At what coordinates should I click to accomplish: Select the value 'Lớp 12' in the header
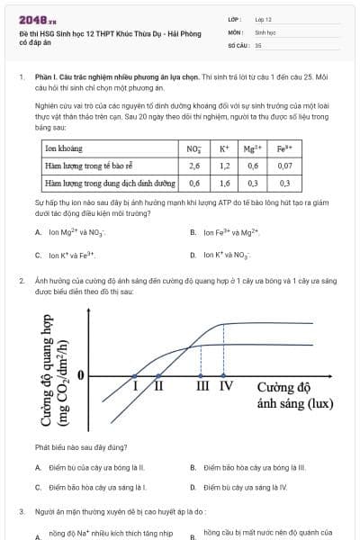click(264, 19)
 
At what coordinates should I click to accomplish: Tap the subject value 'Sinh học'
click(265, 31)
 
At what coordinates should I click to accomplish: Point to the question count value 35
click(258, 43)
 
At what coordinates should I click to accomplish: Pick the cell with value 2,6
click(194, 166)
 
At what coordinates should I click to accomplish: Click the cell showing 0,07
click(284, 166)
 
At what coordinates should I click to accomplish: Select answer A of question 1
click(76, 232)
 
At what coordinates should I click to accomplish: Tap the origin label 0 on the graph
click(81, 373)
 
